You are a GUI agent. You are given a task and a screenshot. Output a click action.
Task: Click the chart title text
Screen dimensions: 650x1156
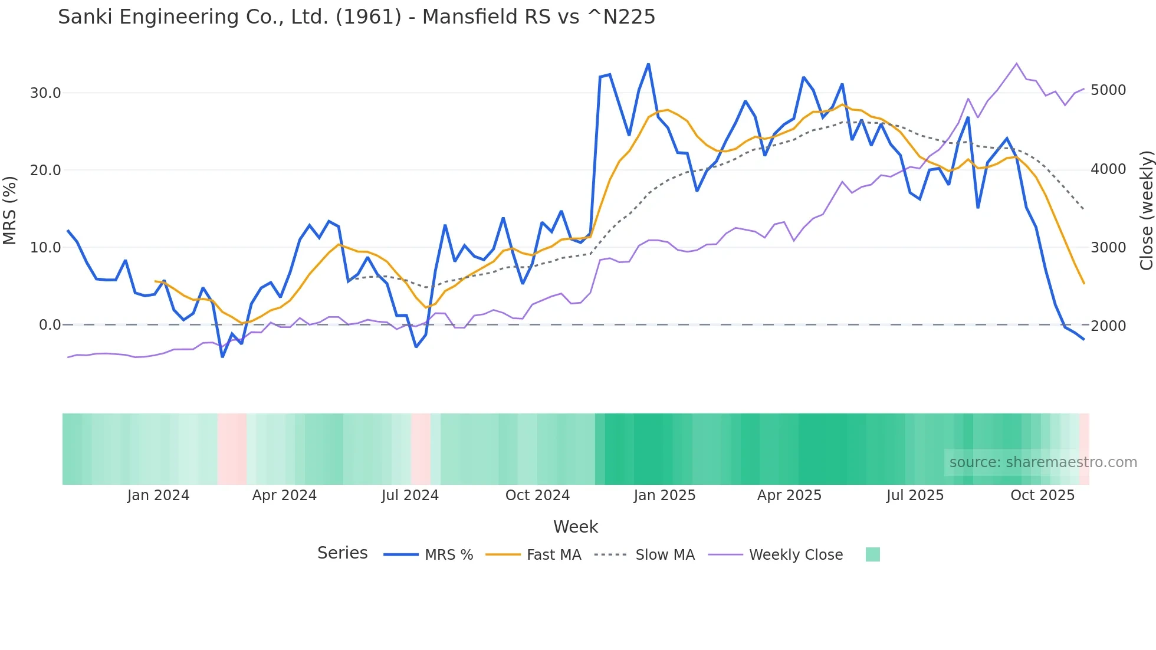tap(356, 17)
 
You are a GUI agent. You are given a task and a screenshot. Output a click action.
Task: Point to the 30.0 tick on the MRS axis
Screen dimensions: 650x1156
tap(45, 93)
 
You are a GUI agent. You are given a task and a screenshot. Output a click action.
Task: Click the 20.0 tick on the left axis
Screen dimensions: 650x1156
tap(45, 170)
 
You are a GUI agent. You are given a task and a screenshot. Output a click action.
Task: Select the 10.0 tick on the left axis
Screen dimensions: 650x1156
tap(45, 248)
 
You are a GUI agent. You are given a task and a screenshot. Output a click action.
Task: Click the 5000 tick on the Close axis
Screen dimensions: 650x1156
tap(1108, 90)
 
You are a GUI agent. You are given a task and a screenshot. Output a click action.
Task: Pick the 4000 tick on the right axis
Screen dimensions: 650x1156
tap(1108, 169)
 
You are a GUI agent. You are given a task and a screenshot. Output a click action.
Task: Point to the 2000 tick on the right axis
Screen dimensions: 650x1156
tap(1108, 326)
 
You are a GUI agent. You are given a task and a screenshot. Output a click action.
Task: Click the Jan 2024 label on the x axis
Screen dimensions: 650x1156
tap(158, 495)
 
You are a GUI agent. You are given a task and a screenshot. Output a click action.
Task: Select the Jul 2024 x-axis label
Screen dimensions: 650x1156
tap(410, 495)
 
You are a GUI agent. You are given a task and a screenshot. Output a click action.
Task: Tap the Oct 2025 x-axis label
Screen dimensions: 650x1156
tap(1042, 495)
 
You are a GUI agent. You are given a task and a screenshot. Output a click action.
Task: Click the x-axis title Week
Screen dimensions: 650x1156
tap(575, 527)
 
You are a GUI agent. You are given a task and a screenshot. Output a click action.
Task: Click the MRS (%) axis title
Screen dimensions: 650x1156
tap(10, 210)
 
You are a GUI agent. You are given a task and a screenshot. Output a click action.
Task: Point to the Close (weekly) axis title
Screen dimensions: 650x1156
tap(1146, 210)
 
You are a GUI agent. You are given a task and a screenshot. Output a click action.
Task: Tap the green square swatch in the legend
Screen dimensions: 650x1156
tap(872, 554)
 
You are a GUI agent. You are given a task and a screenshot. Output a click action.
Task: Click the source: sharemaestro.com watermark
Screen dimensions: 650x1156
tap(1043, 462)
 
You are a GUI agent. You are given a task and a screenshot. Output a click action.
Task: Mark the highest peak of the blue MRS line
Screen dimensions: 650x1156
tap(648, 64)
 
